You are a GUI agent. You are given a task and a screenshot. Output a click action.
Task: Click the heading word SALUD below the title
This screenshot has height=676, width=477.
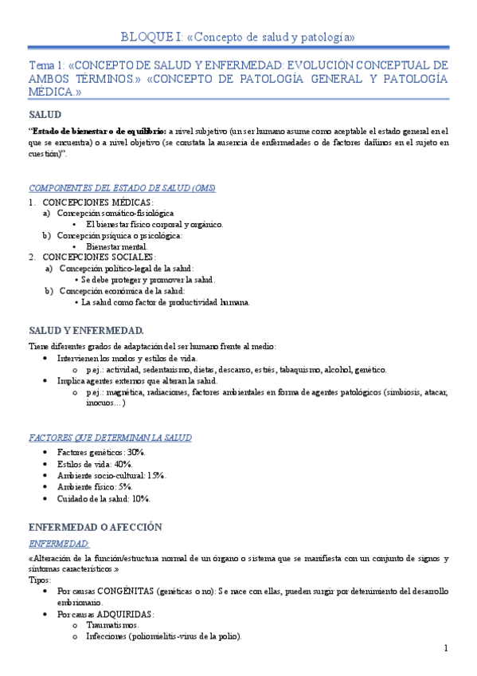click(45, 115)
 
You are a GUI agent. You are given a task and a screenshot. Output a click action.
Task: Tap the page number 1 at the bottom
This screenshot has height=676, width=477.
click(447, 648)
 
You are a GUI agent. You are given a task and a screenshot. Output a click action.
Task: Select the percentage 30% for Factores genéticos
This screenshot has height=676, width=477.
click(135, 452)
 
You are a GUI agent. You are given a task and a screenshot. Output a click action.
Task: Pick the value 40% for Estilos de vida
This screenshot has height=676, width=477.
click(123, 464)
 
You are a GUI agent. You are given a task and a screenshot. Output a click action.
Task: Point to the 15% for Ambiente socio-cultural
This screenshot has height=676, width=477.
click(155, 475)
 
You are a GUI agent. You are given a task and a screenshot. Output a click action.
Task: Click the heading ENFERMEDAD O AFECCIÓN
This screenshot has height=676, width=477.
click(95, 527)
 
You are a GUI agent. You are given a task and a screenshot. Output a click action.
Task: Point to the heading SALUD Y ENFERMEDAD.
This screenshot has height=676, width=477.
click(86, 330)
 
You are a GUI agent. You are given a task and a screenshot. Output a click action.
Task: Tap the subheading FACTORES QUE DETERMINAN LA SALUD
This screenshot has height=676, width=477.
click(110, 438)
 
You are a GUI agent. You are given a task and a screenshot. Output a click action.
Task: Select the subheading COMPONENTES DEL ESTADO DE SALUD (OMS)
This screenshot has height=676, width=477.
click(122, 188)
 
